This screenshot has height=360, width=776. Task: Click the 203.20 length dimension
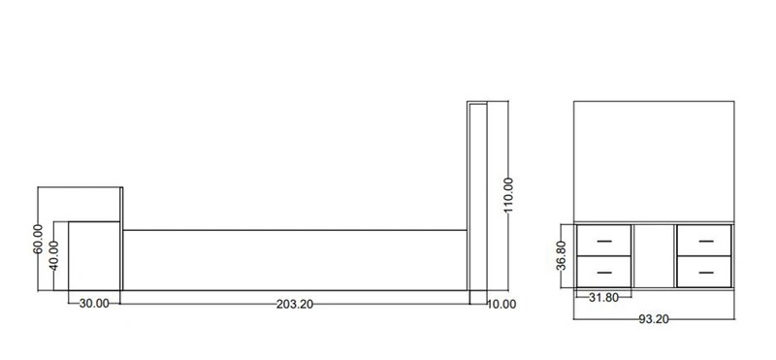pos(295,304)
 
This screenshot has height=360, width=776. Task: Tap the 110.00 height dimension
pos(508,195)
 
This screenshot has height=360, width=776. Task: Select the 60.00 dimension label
pos(38,239)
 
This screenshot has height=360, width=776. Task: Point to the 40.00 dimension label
pos(53,255)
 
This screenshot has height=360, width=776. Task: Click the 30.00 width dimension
pos(94,304)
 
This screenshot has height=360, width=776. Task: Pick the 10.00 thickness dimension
pos(501,305)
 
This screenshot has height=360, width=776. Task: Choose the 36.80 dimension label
pos(561,255)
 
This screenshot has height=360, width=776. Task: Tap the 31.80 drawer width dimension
pos(603,298)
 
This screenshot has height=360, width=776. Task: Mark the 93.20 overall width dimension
pos(654,319)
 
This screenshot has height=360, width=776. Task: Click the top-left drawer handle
pos(604,242)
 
